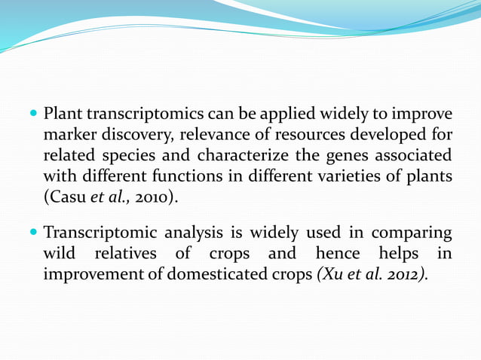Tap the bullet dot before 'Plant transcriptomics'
tap(34, 115)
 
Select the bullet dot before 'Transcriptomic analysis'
tap(34, 233)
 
